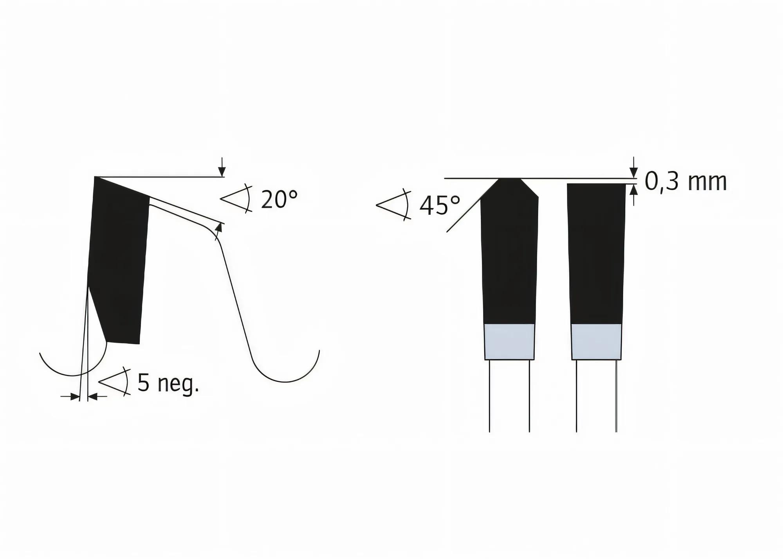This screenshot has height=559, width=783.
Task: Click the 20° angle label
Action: tap(279, 200)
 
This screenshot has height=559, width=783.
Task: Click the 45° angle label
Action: tap(440, 206)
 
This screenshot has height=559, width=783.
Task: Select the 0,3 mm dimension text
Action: tap(686, 182)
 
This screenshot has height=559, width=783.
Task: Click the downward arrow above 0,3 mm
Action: tap(633, 171)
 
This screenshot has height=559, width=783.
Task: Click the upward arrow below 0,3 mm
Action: tap(633, 191)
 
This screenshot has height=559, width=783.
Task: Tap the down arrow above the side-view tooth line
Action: tap(222, 170)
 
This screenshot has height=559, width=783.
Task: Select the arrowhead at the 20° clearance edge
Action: tap(219, 227)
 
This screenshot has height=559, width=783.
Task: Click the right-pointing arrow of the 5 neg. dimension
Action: tap(74, 397)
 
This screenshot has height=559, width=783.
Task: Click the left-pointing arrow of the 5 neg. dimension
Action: tap(93, 397)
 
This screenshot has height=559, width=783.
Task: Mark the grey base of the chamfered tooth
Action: tap(509, 341)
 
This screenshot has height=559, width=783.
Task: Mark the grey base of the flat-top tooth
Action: tap(596, 341)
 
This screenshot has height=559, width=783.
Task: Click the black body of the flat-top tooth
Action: tap(596, 254)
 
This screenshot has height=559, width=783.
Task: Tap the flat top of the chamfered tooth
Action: tap(509, 180)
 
